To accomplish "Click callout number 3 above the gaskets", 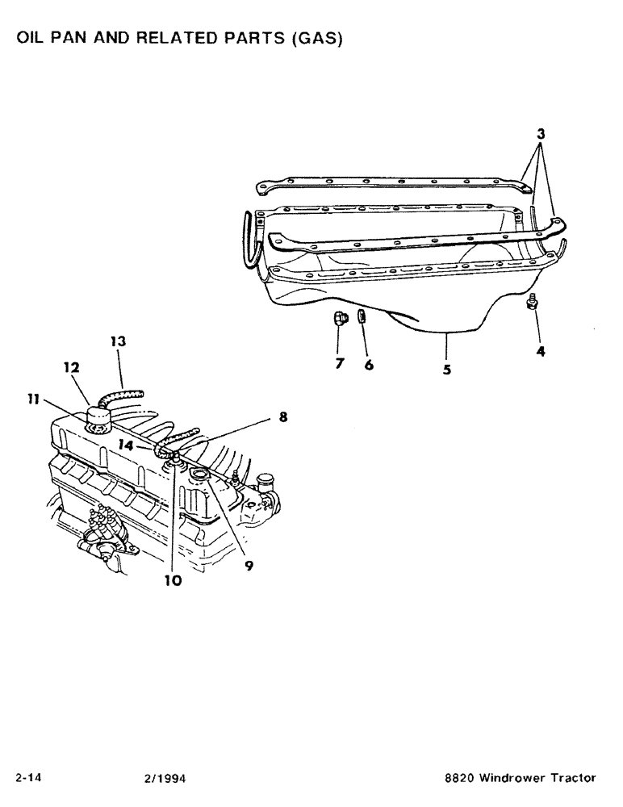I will click(x=542, y=136).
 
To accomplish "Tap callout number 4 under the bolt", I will click(x=539, y=353).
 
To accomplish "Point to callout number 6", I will click(x=368, y=364).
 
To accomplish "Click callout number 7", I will click(x=340, y=364).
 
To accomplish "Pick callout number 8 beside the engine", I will click(x=282, y=417).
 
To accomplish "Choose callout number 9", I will click(x=249, y=566).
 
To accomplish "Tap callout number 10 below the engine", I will click(x=173, y=579).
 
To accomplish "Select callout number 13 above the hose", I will click(x=118, y=341).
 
